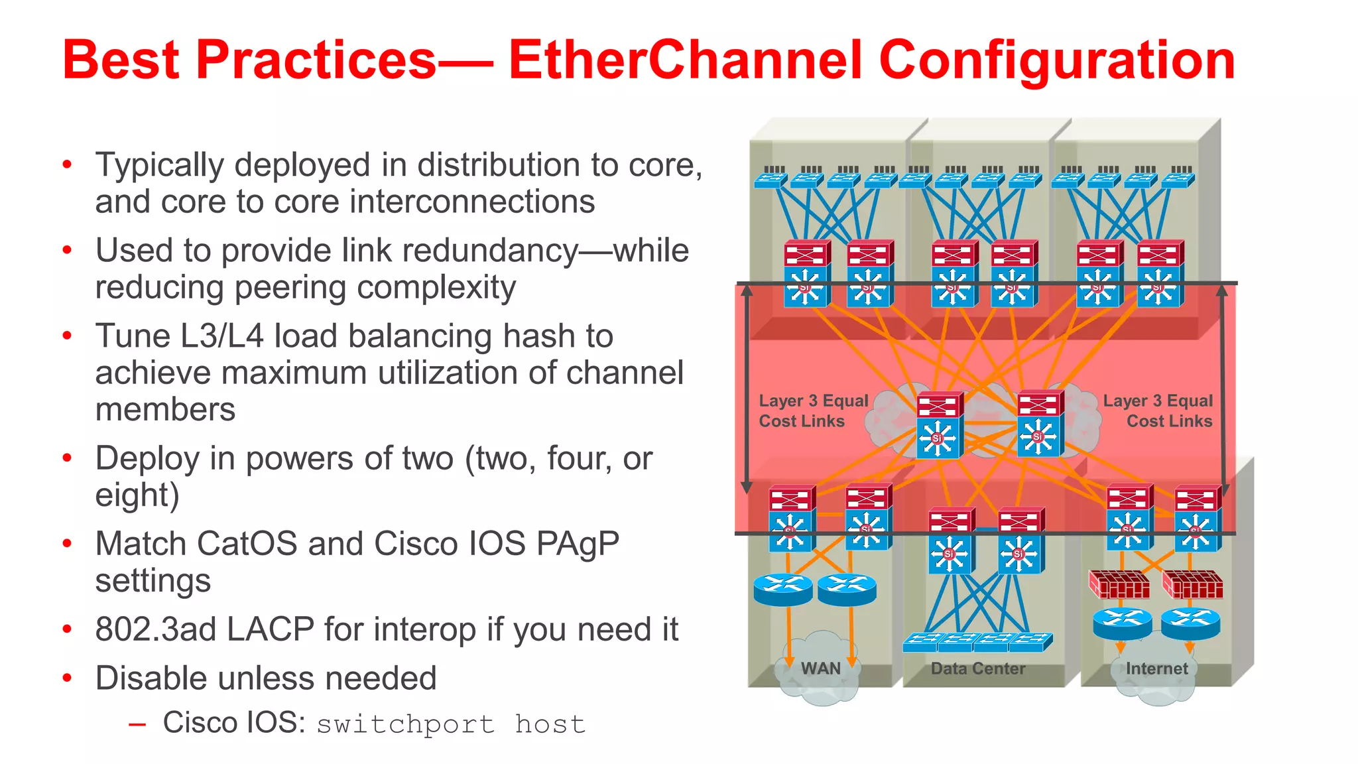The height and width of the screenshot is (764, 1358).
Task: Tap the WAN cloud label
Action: click(x=820, y=668)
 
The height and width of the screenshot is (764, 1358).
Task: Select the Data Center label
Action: click(x=978, y=668)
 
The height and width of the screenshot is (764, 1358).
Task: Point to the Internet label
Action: click(x=1156, y=668)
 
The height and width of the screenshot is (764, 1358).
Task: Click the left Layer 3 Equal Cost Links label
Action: click(x=813, y=411)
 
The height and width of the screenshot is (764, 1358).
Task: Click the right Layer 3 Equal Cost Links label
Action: click(x=1158, y=411)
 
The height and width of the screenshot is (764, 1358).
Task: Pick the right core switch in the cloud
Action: click(x=1038, y=424)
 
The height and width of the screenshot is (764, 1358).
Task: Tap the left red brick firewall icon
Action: click(x=1119, y=584)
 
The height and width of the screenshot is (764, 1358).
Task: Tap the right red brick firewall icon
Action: click(x=1192, y=584)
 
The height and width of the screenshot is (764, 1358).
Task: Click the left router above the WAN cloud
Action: click(x=783, y=589)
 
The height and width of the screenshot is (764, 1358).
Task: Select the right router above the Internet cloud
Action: click(x=1190, y=623)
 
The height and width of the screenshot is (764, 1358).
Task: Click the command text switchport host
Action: click(x=451, y=724)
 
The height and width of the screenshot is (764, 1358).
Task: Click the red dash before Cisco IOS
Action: click(x=137, y=725)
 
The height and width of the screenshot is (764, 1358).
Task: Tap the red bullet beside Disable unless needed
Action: click(x=67, y=678)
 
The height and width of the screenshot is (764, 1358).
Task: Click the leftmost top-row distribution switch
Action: click(x=805, y=273)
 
